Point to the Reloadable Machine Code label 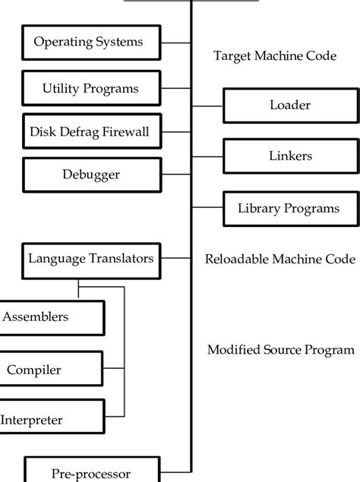[280, 259]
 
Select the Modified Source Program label [280, 350]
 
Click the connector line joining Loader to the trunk [207, 106]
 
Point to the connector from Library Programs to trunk [207, 207]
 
